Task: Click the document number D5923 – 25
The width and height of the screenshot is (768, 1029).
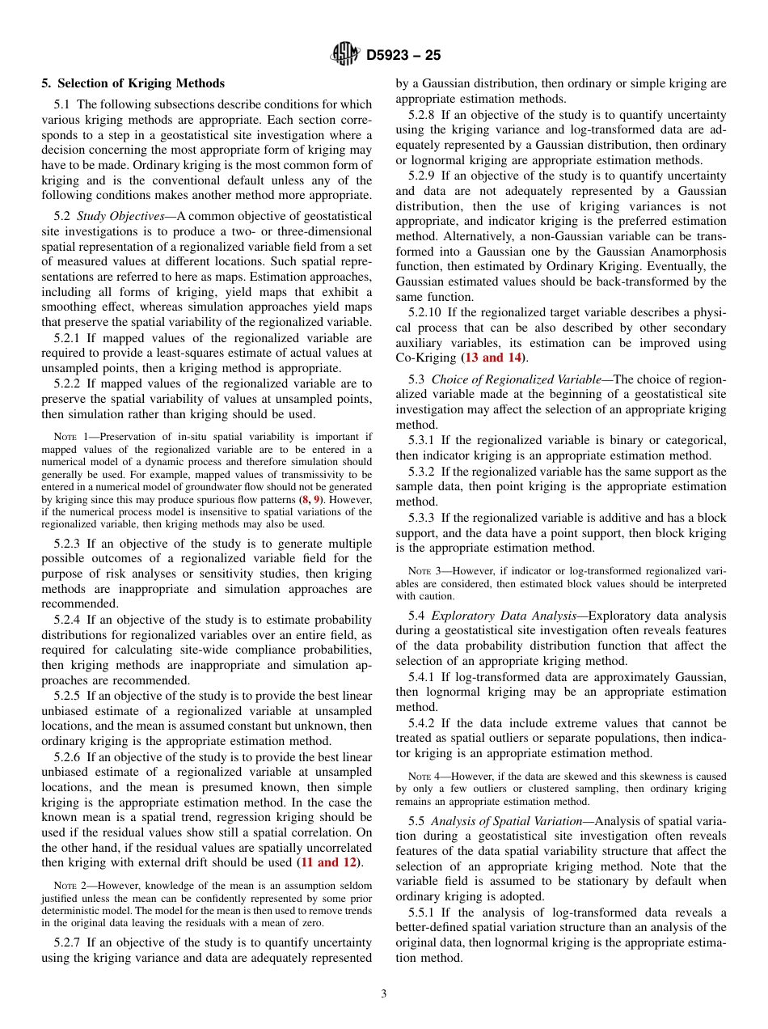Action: tap(403, 56)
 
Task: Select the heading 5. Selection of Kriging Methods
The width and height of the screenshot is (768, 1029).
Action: tap(133, 83)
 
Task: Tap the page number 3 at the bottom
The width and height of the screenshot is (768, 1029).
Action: tap(384, 993)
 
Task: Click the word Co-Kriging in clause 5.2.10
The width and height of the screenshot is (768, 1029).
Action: tap(426, 358)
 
